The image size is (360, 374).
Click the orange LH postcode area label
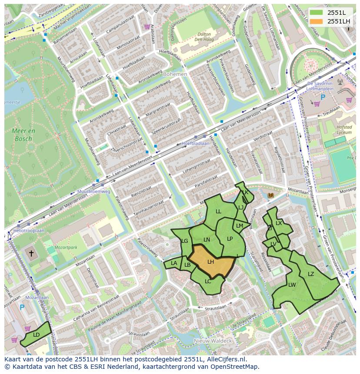pos(210,262)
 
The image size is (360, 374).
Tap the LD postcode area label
pos(36,334)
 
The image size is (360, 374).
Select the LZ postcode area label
pos(310,274)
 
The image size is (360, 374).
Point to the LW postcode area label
pos(292,285)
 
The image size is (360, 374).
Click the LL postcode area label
pos(218,212)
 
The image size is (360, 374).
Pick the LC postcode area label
pos(208,281)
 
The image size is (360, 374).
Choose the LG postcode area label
pos(184,241)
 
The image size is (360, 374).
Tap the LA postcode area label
pos(174,263)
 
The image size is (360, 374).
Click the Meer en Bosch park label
pos(24,135)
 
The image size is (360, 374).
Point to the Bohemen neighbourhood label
pos(175,74)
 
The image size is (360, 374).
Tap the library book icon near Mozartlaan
pos(271,196)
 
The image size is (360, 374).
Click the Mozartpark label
pos(66,247)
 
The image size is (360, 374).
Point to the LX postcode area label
pos(279,223)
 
